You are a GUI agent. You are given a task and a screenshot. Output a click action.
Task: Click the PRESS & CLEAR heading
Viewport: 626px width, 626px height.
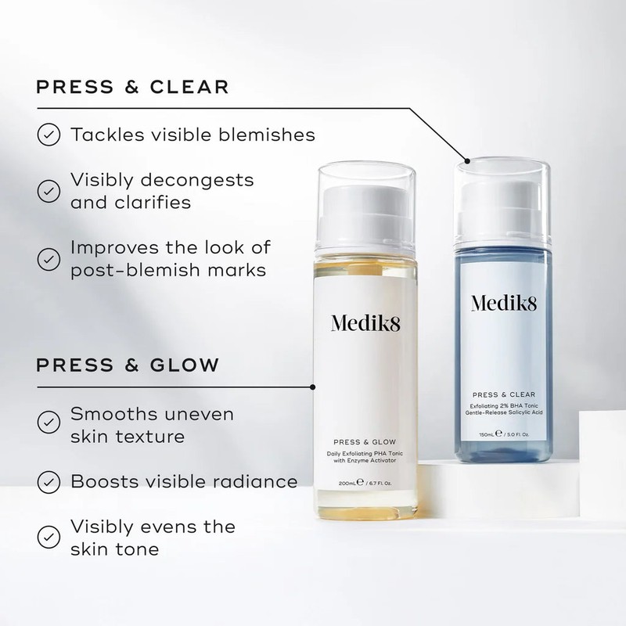point(133,85)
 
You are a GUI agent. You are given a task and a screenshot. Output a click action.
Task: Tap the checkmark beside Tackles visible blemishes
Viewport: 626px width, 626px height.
point(49,135)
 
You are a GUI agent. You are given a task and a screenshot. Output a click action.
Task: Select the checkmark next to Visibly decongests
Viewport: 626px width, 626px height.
point(49,190)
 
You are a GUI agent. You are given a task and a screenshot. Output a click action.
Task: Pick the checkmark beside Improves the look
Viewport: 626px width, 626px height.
point(49,258)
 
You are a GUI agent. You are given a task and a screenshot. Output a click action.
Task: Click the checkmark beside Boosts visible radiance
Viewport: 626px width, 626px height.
point(49,480)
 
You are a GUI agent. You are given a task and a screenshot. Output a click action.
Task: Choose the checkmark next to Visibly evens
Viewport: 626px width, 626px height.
point(49,537)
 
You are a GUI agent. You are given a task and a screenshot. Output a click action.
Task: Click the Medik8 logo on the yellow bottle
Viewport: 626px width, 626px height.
point(365,323)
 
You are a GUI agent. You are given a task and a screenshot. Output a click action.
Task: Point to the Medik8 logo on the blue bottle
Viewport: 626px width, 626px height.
point(507,303)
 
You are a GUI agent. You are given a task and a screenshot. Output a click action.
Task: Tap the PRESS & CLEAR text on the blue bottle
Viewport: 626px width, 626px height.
point(508,395)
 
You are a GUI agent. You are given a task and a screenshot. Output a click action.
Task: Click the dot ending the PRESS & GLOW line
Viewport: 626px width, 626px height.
point(313,386)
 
